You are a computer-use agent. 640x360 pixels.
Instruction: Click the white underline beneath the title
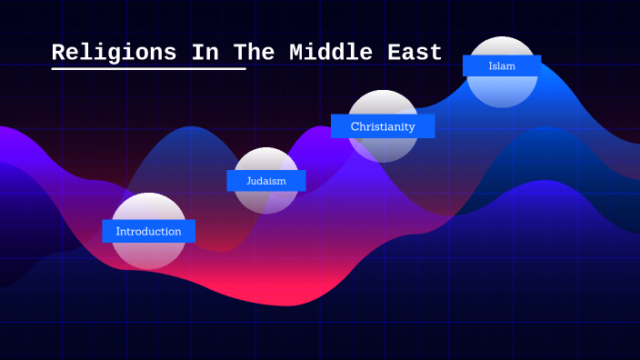[149, 68]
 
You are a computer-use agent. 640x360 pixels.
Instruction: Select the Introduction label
[148, 232]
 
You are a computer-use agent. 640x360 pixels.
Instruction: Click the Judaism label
[265, 181]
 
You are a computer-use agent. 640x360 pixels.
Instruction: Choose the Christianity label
[383, 126]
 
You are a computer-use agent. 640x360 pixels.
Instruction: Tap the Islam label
[501, 65]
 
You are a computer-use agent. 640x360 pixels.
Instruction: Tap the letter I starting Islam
[490, 65]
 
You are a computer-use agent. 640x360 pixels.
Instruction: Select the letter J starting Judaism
[249, 181]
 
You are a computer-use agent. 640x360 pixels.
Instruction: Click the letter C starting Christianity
[355, 126]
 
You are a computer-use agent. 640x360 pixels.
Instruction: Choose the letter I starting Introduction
[117, 232]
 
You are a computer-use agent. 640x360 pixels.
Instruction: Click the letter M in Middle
[296, 53]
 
